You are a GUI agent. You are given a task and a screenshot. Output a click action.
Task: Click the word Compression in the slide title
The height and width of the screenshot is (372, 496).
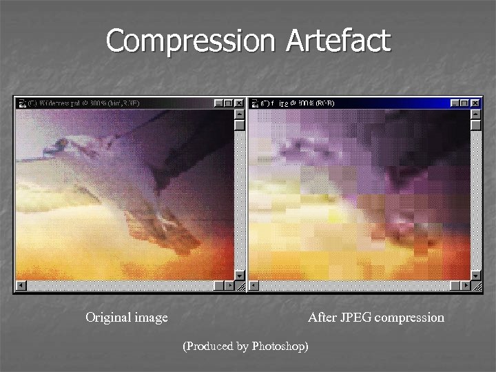[190, 41]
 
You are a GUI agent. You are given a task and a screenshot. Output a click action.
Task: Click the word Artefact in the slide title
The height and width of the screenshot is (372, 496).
[338, 41]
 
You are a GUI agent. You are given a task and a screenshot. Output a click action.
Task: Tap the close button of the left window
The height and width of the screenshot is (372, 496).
[238, 103]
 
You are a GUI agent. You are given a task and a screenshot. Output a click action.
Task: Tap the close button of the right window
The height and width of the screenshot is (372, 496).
[475, 103]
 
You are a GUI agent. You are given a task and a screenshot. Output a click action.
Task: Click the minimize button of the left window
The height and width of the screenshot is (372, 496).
[218, 103]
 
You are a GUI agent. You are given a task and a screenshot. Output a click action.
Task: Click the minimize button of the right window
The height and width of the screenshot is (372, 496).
[455, 103]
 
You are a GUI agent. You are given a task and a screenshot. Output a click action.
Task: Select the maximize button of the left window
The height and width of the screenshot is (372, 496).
[228, 103]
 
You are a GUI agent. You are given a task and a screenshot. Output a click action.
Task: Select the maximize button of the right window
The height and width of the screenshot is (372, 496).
[465, 103]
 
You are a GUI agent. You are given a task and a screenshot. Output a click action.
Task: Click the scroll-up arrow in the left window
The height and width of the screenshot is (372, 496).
[239, 114]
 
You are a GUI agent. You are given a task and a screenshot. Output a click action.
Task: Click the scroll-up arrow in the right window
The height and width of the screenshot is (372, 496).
[476, 114]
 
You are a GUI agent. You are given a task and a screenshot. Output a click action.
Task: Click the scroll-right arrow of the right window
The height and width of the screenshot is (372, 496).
[466, 285]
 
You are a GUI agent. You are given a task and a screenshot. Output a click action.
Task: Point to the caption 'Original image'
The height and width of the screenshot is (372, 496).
[126, 318]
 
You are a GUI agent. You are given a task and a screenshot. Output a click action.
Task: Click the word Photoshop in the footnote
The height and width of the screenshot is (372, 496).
[279, 346]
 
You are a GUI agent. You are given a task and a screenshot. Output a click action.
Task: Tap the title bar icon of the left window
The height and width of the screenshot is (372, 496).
[22, 103]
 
